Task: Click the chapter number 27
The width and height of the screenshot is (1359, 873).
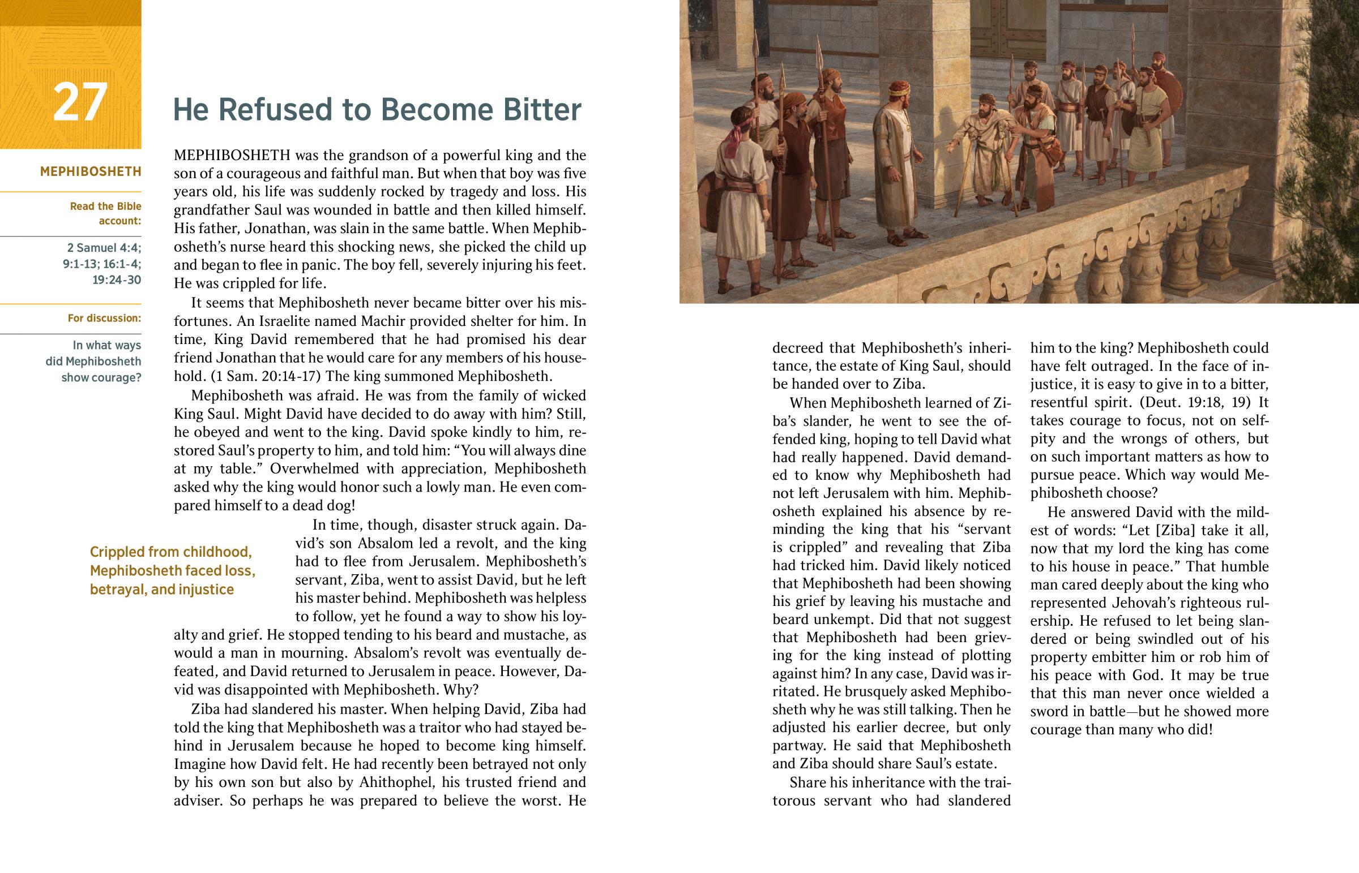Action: [x=80, y=102]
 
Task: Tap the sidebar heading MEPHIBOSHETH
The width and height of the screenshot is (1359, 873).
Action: [x=91, y=171]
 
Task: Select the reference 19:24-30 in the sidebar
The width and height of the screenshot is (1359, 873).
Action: [x=116, y=280]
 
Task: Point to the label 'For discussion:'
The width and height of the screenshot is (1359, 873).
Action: [x=104, y=318]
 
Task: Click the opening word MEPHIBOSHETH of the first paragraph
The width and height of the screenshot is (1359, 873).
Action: [x=232, y=156]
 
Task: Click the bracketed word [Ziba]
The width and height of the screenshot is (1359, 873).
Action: [x=1170, y=531]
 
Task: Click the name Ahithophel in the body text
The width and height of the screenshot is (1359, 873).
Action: [x=396, y=782]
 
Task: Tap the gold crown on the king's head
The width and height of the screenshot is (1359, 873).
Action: [x=899, y=89]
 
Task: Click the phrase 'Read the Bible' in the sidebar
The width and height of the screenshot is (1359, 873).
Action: [x=105, y=207]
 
